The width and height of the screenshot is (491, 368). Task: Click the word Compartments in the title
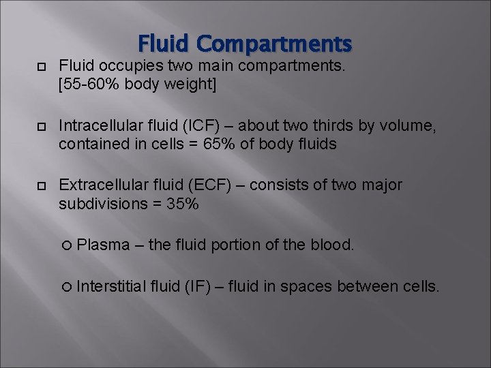(x=274, y=45)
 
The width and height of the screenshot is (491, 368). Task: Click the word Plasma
(x=103, y=245)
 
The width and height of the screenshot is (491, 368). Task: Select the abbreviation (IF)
(x=200, y=287)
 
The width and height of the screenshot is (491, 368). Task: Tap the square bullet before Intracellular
(x=41, y=126)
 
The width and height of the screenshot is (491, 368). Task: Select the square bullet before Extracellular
(x=41, y=185)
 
